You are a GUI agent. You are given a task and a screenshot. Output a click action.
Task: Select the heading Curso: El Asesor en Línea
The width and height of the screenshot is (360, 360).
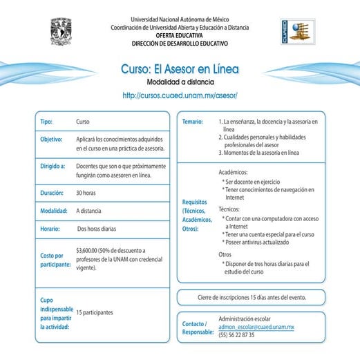click(x=179, y=70)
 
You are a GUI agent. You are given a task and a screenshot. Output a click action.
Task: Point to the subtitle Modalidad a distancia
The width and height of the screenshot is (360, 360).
click(x=179, y=82)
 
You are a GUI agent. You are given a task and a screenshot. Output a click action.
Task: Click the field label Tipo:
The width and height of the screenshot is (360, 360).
click(x=46, y=122)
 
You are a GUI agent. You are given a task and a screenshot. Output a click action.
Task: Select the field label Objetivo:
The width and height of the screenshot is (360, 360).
click(x=52, y=139)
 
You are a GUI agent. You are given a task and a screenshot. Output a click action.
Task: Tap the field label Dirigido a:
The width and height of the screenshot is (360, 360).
click(x=53, y=167)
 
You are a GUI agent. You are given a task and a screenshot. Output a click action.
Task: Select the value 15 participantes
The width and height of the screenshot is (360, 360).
click(x=95, y=312)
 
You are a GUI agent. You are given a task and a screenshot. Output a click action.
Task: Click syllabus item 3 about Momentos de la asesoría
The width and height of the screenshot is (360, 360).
click(x=259, y=153)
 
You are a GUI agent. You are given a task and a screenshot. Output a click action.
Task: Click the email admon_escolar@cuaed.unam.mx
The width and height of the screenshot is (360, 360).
click(x=256, y=326)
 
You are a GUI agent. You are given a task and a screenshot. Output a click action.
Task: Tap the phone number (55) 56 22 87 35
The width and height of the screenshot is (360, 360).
click(x=236, y=334)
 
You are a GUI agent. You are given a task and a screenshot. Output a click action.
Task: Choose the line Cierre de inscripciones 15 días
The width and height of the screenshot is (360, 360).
click(x=251, y=298)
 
